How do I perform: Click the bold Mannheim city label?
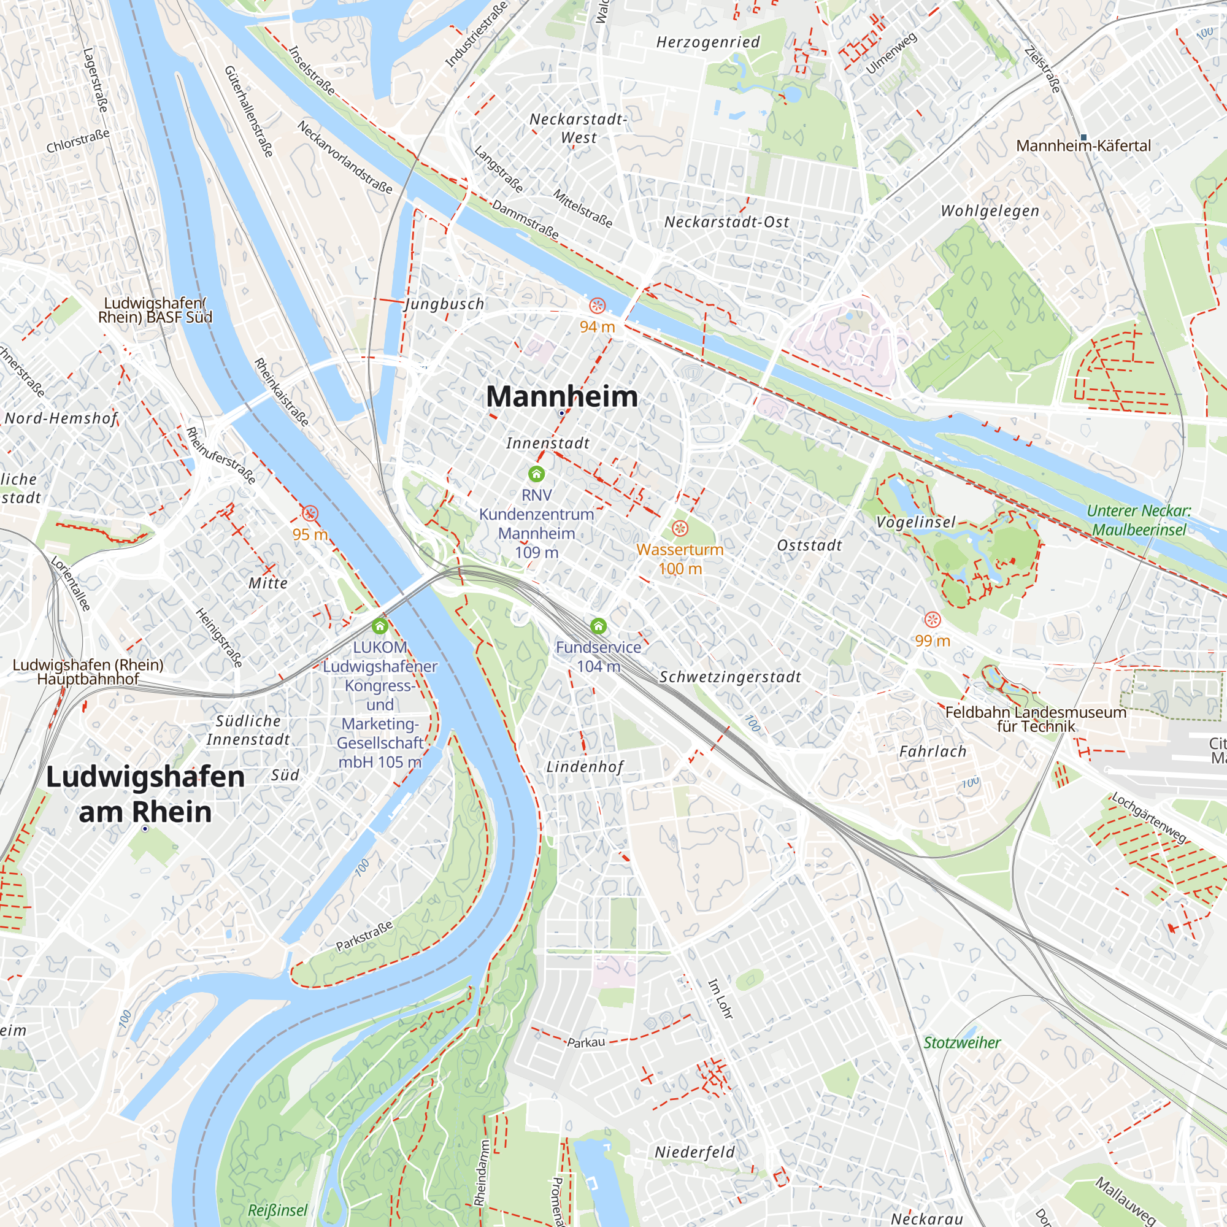tap(561, 397)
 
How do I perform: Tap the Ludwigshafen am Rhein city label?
tap(145, 794)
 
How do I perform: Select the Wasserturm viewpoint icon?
tap(680, 528)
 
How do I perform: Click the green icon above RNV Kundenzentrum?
tap(537, 474)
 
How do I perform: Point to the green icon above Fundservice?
tap(598, 627)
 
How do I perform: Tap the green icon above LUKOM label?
tap(380, 627)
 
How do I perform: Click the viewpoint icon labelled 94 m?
tap(597, 306)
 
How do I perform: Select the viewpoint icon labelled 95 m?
tap(310, 513)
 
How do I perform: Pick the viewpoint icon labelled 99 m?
tap(933, 619)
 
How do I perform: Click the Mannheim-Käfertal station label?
tap(1083, 146)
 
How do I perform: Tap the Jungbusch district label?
tap(445, 304)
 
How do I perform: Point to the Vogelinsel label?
tap(916, 522)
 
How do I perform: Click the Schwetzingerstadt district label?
tap(730, 677)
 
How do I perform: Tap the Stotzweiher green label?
tap(961, 1043)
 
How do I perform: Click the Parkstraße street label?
tap(364, 936)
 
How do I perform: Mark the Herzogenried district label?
tap(708, 42)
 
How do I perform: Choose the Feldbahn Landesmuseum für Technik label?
tap(1036, 719)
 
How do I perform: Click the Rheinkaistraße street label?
tap(282, 392)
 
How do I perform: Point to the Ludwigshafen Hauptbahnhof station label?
tap(88, 672)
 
